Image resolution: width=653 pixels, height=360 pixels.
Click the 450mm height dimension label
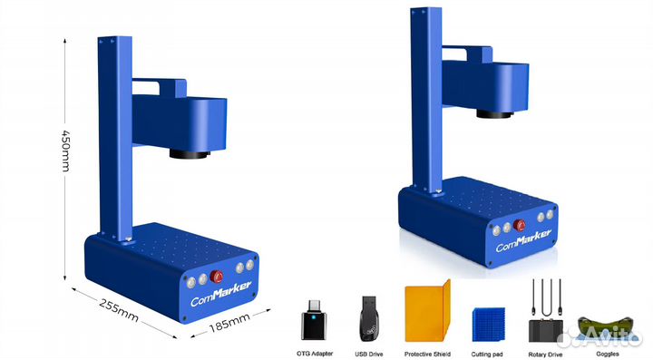point(65,151)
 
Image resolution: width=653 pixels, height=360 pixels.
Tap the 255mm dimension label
point(119,310)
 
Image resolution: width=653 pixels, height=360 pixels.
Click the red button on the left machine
point(216,276)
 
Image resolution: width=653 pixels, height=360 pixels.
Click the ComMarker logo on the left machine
point(220,294)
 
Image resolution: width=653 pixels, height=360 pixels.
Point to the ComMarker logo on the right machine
point(523,240)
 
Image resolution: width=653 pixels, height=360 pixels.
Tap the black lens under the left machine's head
point(190,154)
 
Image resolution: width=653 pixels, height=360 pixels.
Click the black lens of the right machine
point(494,114)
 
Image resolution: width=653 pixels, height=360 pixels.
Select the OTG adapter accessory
point(314,319)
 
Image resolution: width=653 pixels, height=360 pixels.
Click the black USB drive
point(368,318)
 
